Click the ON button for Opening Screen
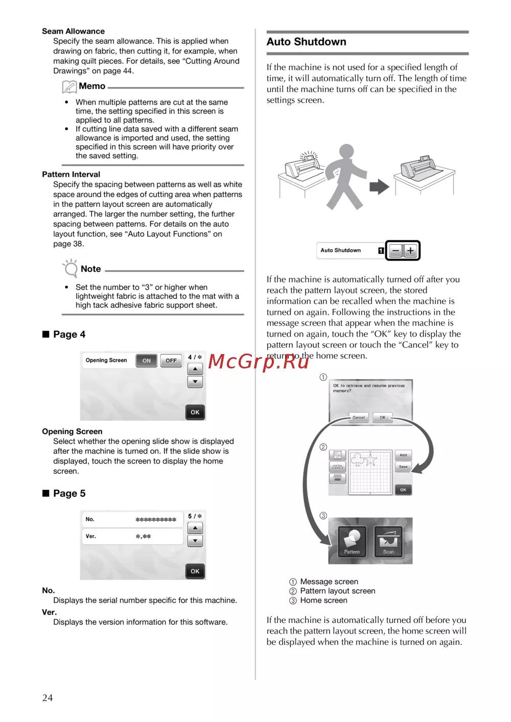(x=147, y=361)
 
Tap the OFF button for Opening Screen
(x=171, y=361)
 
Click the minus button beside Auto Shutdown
(x=396, y=251)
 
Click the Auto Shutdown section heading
(x=307, y=42)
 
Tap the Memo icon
(x=69, y=87)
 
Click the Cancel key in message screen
(x=359, y=417)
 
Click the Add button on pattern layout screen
(x=403, y=455)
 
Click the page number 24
(x=48, y=697)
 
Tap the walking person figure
(x=345, y=177)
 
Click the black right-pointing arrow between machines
(x=379, y=187)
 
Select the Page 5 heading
(x=69, y=494)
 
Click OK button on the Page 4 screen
(x=195, y=412)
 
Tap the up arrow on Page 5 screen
(x=195, y=528)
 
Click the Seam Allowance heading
(x=73, y=31)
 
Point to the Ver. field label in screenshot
(x=91, y=537)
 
